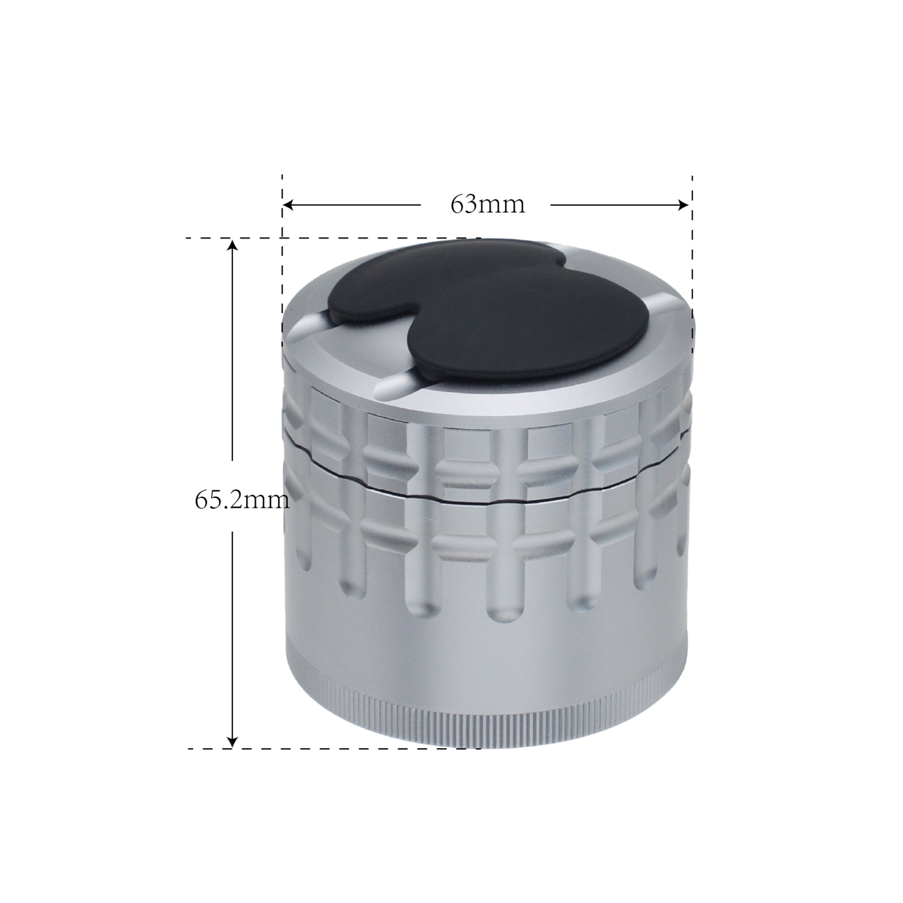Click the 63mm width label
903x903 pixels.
click(487, 204)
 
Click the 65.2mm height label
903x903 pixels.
click(242, 500)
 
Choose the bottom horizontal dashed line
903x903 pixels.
click(339, 748)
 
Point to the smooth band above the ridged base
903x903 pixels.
click(485, 649)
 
